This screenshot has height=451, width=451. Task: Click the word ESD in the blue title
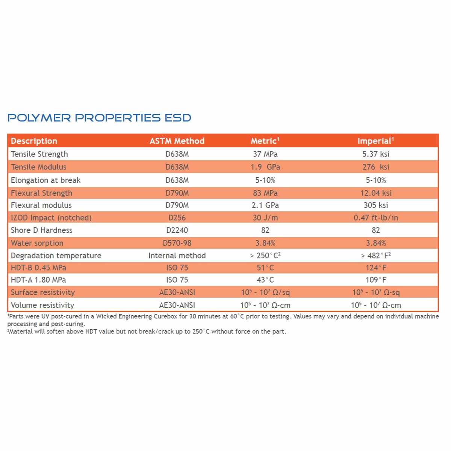(178, 118)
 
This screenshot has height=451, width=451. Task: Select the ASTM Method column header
(177, 141)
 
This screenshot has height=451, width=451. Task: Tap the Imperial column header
(375, 141)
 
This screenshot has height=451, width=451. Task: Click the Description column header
(34, 141)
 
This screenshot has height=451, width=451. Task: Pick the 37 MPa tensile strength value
(265, 154)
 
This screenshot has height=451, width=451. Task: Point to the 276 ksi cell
(376, 167)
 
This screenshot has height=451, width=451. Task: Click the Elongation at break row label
(45, 180)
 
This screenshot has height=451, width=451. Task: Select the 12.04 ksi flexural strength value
(376, 193)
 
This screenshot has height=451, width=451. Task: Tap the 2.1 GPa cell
(265, 205)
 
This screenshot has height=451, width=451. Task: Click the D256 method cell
(177, 218)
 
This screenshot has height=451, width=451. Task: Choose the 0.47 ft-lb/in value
(376, 218)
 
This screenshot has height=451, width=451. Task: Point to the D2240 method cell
(177, 230)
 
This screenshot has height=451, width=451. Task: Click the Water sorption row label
(37, 243)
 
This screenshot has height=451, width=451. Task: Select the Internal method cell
(177, 255)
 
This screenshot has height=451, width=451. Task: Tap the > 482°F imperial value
(376, 255)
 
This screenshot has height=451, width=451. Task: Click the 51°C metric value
(265, 268)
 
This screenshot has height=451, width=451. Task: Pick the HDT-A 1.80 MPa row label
(38, 280)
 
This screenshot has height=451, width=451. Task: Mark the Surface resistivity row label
(43, 292)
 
